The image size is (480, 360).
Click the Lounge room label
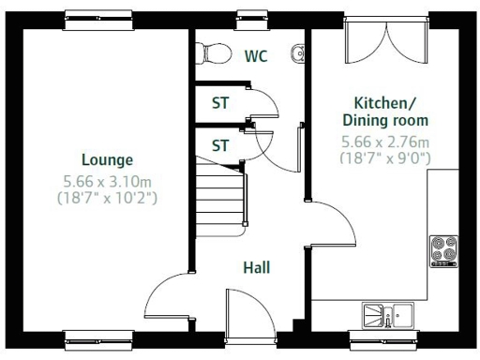[107, 159]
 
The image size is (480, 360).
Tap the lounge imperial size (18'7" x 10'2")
[107, 198]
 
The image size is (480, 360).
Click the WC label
[256, 56]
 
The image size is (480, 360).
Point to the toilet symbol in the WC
[215, 54]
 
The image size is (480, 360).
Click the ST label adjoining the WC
[220, 104]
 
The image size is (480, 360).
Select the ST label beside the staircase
[220, 145]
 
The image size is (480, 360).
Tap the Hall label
[256, 268]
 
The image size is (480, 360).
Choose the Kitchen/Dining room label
[390, 112]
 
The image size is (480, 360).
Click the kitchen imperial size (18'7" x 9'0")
[384, 158]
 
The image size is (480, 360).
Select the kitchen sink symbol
[390, 315]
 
